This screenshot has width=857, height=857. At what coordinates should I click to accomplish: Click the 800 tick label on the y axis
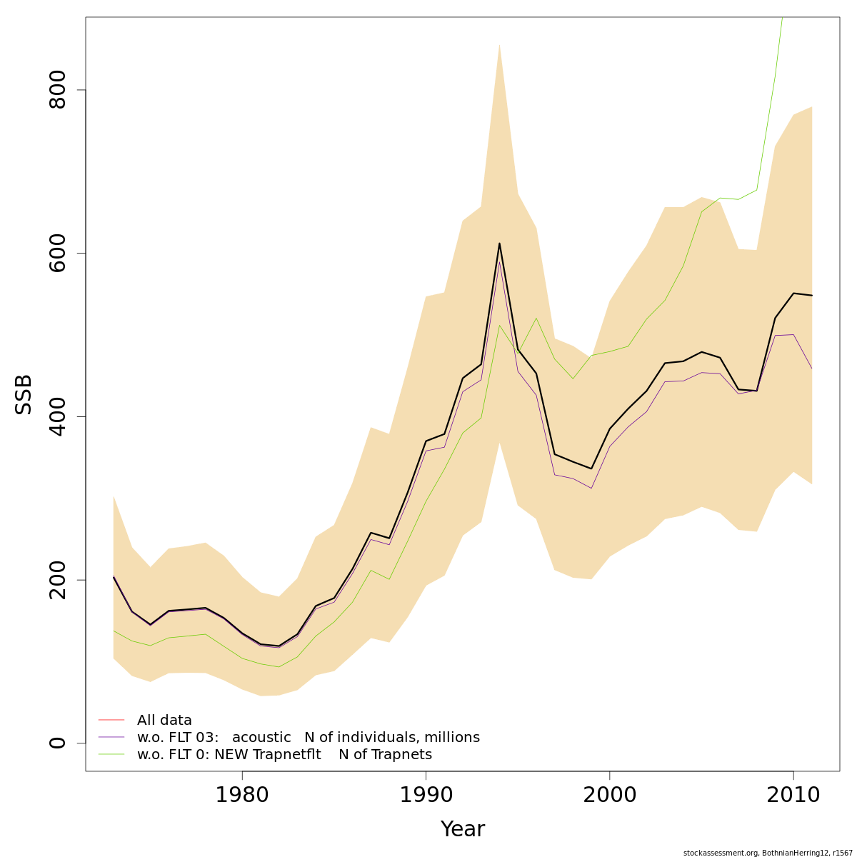[58, 90]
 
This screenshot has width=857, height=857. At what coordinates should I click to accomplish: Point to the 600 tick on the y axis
[58, 254]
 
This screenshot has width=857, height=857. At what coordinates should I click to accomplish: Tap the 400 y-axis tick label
[58, 416]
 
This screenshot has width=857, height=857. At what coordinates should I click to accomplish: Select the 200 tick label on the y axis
[58, 580]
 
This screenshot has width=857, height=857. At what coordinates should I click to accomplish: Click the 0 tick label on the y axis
[58, 743]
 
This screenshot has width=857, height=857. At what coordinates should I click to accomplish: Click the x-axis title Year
[462, 829]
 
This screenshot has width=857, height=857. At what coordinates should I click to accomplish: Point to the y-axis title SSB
[24, 394]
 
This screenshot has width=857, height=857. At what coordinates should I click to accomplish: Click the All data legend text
[164, 721]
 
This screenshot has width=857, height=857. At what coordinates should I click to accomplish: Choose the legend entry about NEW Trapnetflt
[284, 755]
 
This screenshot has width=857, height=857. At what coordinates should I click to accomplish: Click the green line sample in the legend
[111, 754]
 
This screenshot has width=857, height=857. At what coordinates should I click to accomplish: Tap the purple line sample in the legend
[111, 737]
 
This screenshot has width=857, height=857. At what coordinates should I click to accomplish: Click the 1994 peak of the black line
[499, 244]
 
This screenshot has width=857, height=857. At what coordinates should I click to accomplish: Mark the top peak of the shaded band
[499, 45]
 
